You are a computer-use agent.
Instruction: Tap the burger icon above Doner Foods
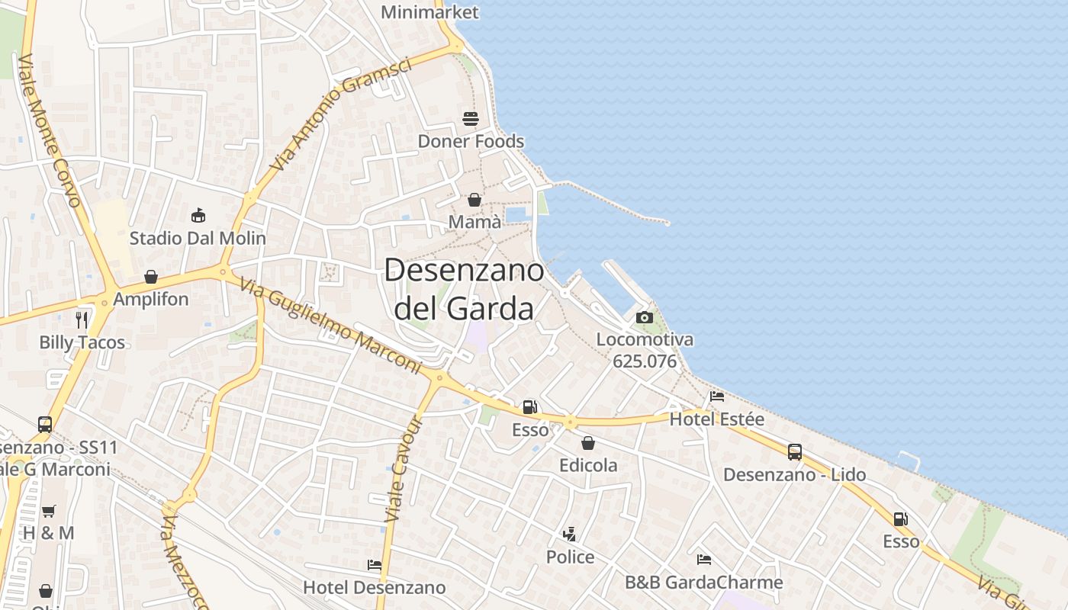[471, 119]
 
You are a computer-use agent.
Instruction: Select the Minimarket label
[429, 12]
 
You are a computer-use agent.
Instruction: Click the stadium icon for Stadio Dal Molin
[198, 216]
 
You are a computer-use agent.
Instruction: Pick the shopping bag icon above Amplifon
[151, 277]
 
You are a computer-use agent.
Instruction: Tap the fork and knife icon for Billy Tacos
[82, 320]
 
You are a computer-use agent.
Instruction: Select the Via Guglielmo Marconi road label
[330, 326]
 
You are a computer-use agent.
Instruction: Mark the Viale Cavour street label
[404, 469]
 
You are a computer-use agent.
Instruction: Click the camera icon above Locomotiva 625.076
[645, 317]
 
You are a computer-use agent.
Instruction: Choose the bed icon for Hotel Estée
[717, 396]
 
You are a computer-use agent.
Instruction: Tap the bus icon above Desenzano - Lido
[795, 452]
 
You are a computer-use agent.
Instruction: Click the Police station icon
[569, 535]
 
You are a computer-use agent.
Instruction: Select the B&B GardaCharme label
[703, 583]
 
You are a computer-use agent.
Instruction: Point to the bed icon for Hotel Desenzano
[374, 565]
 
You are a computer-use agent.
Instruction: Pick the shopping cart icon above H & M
[49, 511]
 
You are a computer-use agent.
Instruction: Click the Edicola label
[588, 465]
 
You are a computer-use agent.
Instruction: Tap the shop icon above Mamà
[474, 200]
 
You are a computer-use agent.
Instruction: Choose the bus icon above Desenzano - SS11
[45, 424]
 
